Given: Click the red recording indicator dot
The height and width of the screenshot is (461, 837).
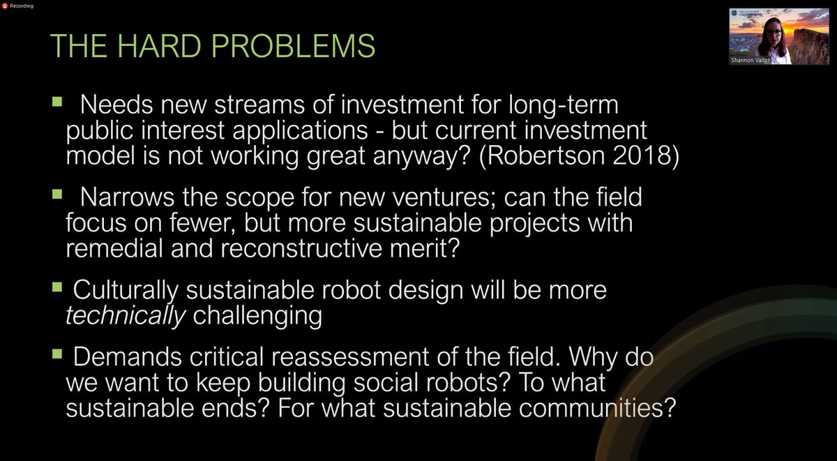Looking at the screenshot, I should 5,5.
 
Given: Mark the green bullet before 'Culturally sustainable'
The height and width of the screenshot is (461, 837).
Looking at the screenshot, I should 56,286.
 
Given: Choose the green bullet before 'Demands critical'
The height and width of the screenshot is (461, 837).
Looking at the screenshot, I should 56,353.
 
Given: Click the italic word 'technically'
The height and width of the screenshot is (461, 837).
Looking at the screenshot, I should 126,316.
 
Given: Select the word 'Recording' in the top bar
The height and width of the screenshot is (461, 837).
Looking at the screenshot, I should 22,5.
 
